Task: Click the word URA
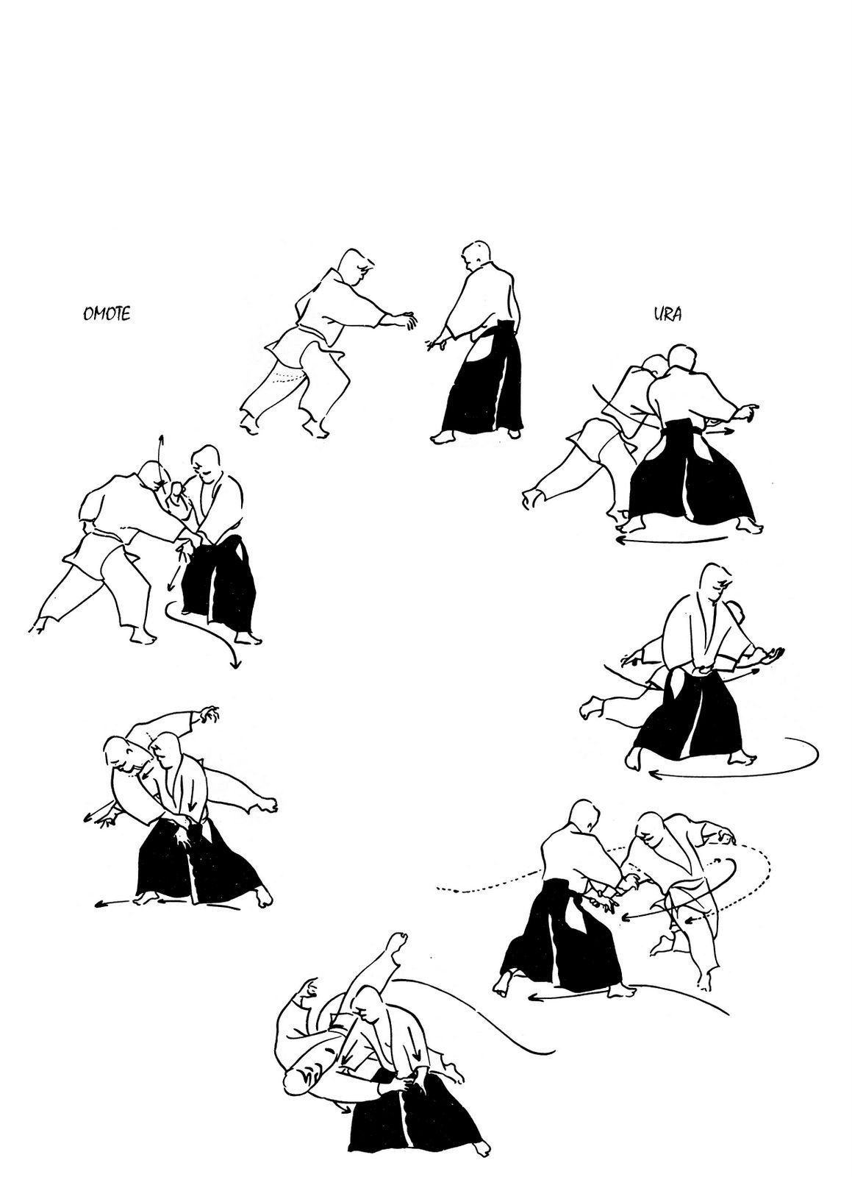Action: pyautogui.click(x=667, y=313)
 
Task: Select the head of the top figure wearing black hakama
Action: pyautogui.click(x=476, y=256)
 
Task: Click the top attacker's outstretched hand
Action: pyautogui.click(x=405, y=319)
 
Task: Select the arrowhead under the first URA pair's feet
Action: pyautogui.click(x=620, y=540)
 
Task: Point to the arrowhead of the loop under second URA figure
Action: pyautogui.click(x=654, y=773)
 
